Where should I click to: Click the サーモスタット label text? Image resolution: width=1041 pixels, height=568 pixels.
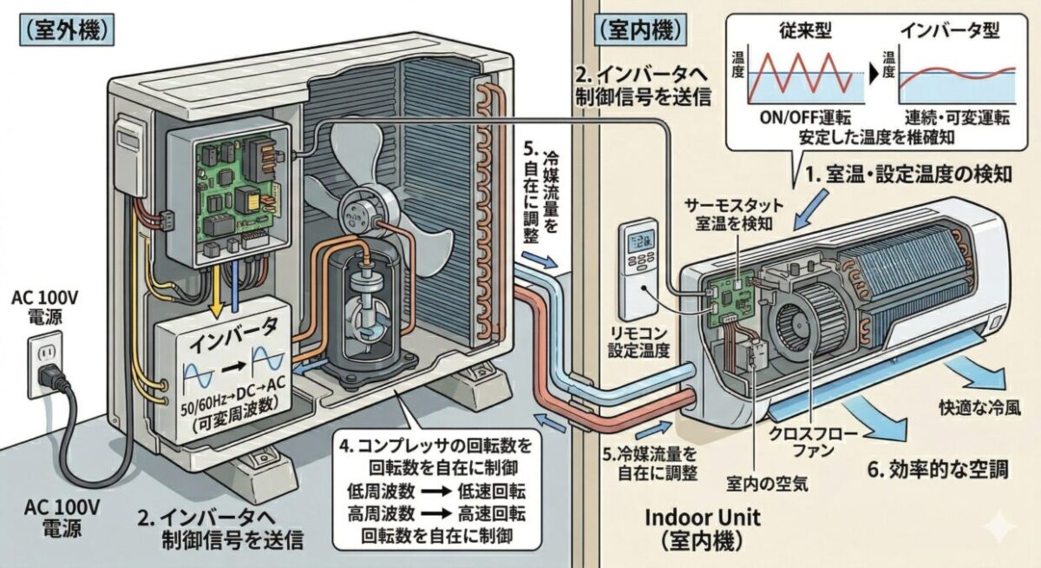pos(734,206)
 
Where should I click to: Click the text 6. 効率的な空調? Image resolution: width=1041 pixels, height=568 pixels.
pos(938,470)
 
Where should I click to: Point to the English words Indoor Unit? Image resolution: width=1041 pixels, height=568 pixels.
pos(703,518)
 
